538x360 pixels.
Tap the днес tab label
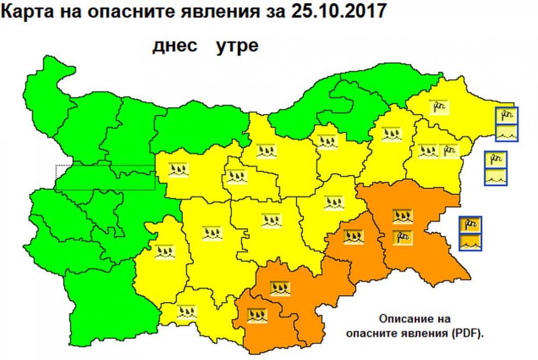[x=175, y=46]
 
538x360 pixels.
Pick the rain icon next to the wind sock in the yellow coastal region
[x=427, y=150]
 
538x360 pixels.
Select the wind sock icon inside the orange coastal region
[x=402, y=236]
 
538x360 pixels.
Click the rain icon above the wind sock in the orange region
[x=402, y=216]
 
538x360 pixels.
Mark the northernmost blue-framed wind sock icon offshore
[x=506, y=115]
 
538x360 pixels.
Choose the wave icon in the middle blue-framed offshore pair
[x=496, y=176]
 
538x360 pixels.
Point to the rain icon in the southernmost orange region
[x=256, y=314]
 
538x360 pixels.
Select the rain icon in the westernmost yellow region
[x=164, y=251]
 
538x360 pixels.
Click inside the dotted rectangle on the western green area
[x=105, y=177]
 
